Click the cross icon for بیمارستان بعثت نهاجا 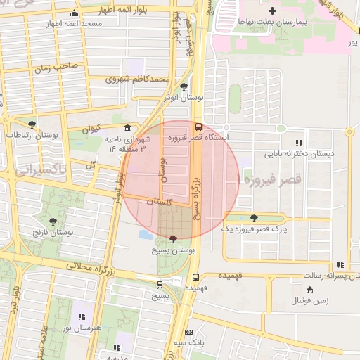coord(272,11)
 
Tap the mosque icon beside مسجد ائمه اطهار coord(75,13)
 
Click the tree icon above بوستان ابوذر coord(184,87)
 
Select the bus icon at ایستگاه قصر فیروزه coord(199,127)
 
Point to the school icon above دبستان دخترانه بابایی coord(300,142)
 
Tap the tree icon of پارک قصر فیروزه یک coord(254,218)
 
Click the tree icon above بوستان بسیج coord(174,239)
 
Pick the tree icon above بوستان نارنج coord(53,221)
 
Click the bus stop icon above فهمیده coord(195,277)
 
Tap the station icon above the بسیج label coord(160,285)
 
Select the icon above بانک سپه coord(188,332)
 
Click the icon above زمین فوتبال coord(309,290)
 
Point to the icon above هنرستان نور coord(82,316)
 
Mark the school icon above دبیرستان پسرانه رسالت coord(340,265)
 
